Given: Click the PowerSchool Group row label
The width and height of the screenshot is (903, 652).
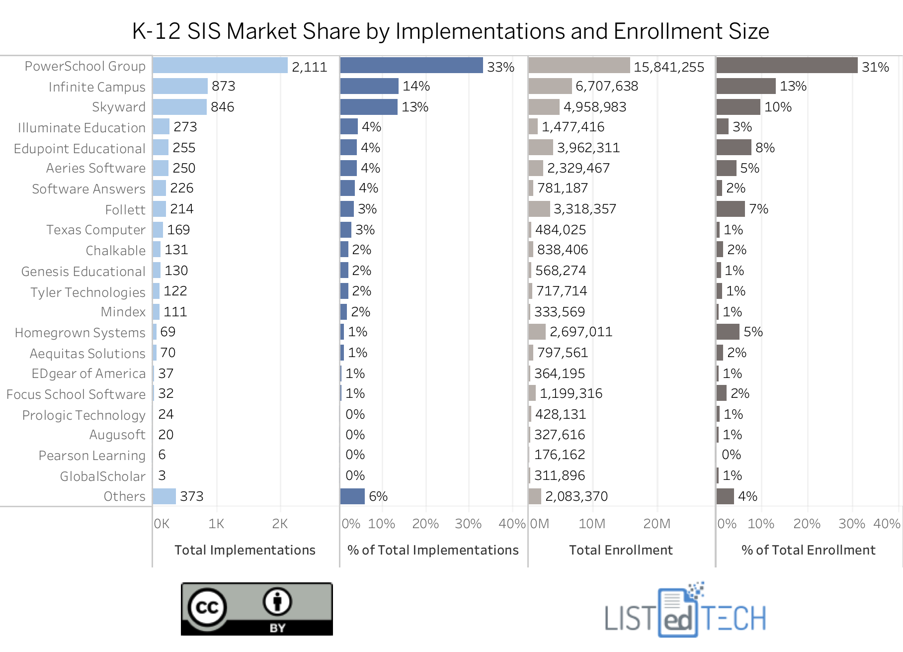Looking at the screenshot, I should pyautogui.click(x=85, y=66).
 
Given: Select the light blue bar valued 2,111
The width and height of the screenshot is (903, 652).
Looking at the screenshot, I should pyautogui.click(x=220, y=66).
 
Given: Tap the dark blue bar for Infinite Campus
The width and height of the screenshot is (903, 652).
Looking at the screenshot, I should pyautogui.click(x=369, y=86).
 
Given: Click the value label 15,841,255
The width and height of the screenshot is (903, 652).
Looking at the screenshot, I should pyautogui.click(x=669, y=67).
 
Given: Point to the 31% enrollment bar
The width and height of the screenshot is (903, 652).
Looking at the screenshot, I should pyautogui.click(x=787, y=66).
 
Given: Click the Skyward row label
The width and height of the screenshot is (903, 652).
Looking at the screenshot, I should pyautogui.click(x=119, y=107).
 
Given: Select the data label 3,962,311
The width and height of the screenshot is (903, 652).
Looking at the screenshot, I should pyautogui.click(x=588, y=148).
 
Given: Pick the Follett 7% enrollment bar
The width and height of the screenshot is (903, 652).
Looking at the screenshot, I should pyautogui.click(x=731, y=209).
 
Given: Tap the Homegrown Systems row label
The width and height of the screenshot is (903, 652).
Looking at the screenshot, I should pyautogui.click(x=80, y=332).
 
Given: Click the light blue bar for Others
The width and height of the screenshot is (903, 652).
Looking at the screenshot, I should pyautogui.click(x=164, y=496).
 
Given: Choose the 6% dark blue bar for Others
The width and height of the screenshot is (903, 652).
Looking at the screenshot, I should pyautogui.click(x=352, y=496).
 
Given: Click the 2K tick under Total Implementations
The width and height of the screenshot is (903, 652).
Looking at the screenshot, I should pyautogui.click(x=280, y=524).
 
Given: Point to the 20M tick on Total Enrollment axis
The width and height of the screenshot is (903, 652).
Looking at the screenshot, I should pyautogui.click(x=657, y=524).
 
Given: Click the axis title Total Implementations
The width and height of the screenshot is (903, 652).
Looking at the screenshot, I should pyautogui.click(x=245, y=550).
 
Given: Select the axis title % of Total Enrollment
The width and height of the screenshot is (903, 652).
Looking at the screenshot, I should pyautogui.click(x=809, y=550).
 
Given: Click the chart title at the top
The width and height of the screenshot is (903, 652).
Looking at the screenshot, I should pyautogui.click(x=450, y=31).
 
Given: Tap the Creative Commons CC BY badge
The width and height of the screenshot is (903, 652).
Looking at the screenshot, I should pyautogui.click(x=257, y=609).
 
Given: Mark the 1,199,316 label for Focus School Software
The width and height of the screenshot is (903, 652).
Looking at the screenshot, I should pyautogui.click(x=571, y=393).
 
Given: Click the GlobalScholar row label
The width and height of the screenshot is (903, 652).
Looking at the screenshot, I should pyautogui.click(x=103, y=476).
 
